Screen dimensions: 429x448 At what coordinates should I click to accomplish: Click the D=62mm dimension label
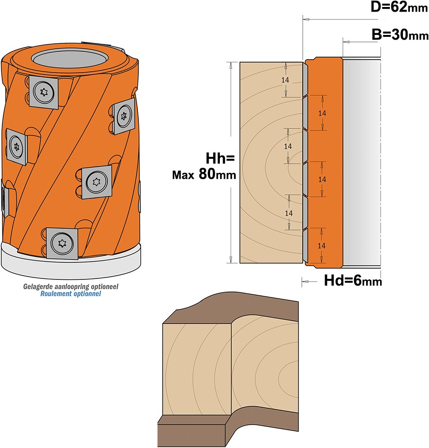(399, 7)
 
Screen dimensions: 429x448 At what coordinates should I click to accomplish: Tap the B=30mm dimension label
(400, 34)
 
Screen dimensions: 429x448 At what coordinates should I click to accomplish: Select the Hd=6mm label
(353, 280)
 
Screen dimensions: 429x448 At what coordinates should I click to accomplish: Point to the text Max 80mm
(204, 174)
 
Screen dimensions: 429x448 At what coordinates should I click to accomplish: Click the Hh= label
(220, 158)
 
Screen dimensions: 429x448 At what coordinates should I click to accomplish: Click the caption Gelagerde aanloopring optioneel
(71, 286)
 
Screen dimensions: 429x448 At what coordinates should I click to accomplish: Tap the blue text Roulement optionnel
(71, 294)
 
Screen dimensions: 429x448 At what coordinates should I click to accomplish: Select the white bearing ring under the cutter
(71, 261)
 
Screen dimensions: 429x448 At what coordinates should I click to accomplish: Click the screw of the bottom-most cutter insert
(62, 244)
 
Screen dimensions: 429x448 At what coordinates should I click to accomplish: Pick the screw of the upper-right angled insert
(124, 115)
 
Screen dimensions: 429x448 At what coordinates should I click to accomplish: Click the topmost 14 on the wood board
(285, 80)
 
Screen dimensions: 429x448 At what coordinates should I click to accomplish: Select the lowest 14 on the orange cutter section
(321, 246)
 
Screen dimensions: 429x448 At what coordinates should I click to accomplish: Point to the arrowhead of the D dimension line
(306, 19)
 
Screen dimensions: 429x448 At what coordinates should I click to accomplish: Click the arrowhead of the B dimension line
(346, 42)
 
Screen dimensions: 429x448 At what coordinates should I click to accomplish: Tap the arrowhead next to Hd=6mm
(305, 282)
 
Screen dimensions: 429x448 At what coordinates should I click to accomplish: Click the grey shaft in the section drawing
(361, 162)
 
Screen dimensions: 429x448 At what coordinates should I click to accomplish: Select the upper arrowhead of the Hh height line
(231, 65)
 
